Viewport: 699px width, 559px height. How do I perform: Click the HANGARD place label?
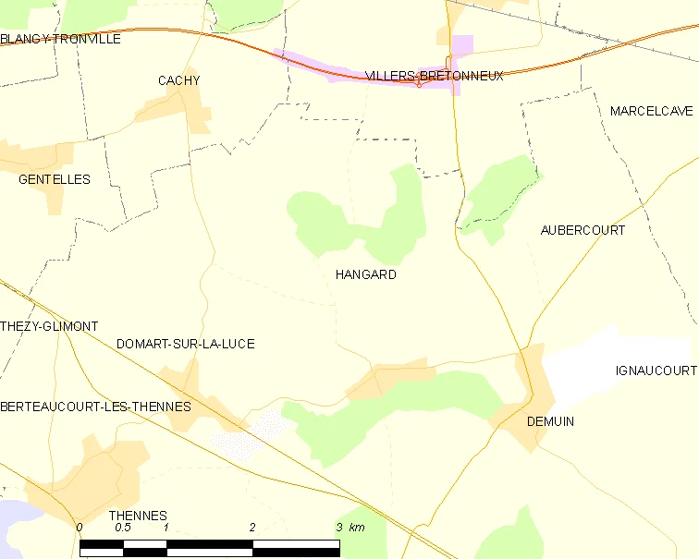[366, 274]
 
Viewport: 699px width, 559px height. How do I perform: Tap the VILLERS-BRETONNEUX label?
[435, 76]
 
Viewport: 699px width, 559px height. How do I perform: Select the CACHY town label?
[178, 80]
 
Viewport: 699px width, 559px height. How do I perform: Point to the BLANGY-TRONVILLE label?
[60, 39]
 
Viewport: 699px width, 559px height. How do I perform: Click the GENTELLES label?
[55, 179]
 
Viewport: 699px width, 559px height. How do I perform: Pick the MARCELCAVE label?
[651, 111]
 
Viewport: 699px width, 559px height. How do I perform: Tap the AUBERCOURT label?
[582, 230]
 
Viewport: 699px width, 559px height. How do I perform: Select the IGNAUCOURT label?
[656, 371]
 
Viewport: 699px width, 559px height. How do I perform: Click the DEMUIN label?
[550, 421]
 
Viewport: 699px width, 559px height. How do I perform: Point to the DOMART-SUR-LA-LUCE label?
[186, 344]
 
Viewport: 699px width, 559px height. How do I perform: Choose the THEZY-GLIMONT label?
[49, 326]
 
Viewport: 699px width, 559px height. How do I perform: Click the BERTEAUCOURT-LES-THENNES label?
[95, 407]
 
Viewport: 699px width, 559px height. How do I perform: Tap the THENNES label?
[138, 516]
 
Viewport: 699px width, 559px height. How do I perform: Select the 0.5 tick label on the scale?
[122, 527]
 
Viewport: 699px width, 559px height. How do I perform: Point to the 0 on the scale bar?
[80, 527]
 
